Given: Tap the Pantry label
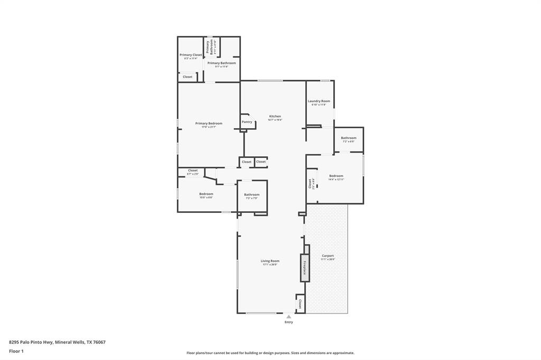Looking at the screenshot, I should (x=247, y=122).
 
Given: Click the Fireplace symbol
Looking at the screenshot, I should (x=304, y=268).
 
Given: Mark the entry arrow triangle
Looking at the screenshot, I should (x=288, y=317).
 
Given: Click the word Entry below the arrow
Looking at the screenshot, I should (x=288, y=322).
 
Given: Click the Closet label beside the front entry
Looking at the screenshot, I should (x=300, y=304).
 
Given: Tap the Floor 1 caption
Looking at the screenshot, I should (x=16, y=351).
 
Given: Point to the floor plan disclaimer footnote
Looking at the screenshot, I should (x=270, y=353).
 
